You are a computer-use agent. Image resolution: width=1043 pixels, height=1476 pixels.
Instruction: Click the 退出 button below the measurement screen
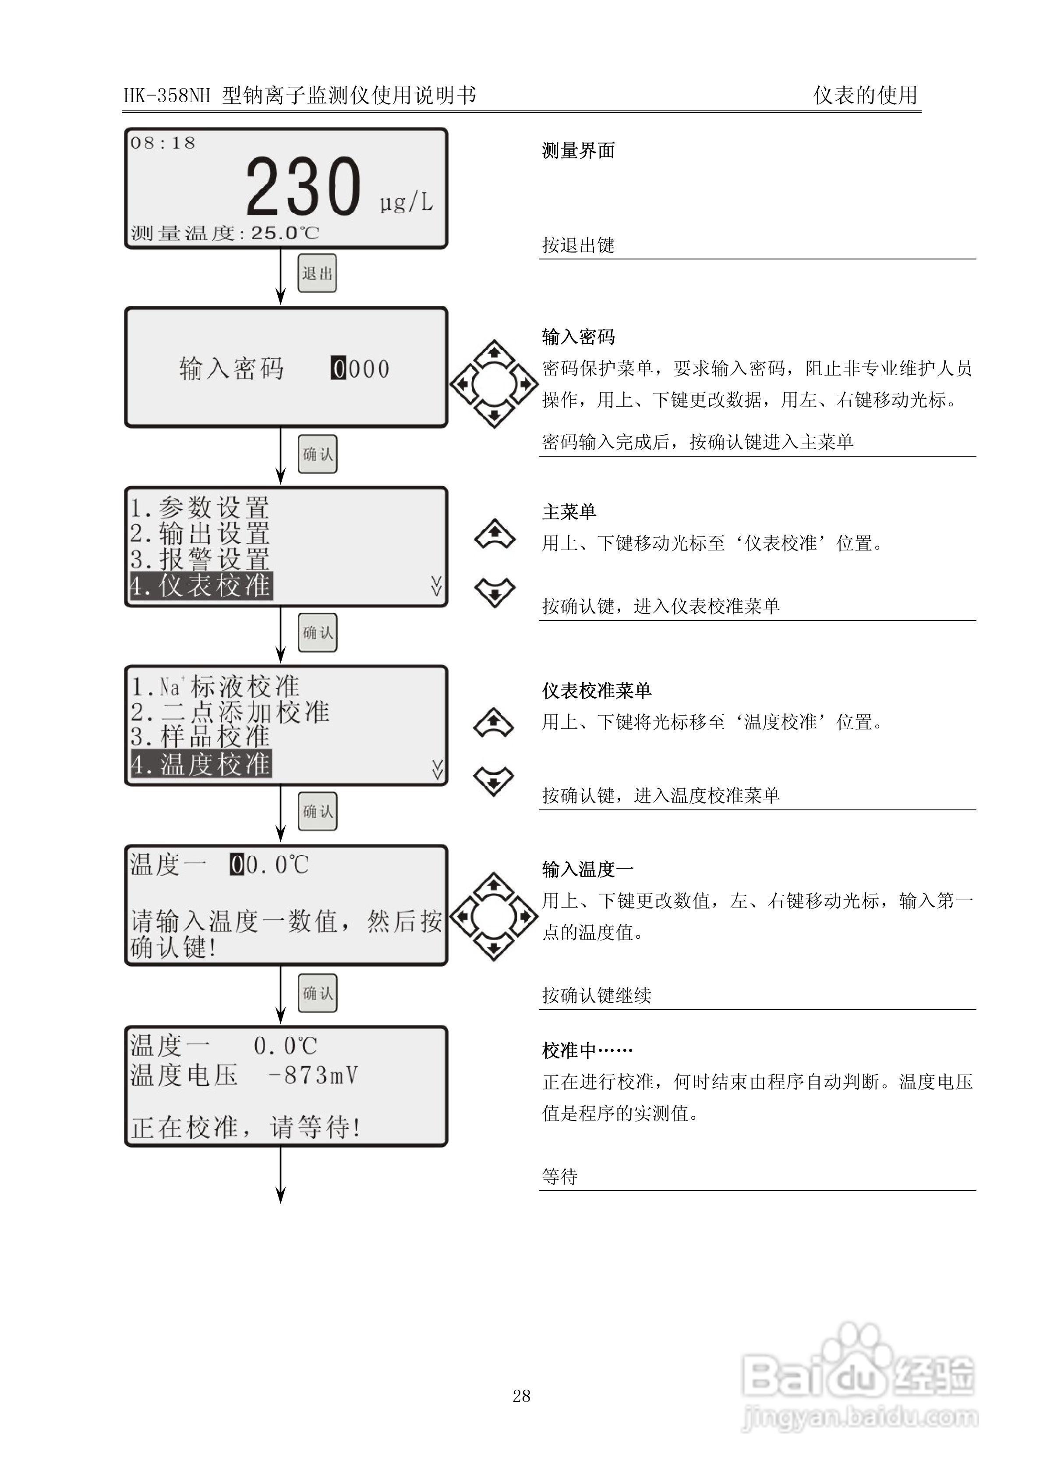(317, 273)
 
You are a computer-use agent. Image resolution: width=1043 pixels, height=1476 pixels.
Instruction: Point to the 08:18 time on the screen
(163, 143)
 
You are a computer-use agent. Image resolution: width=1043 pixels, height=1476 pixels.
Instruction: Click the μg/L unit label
(406, 202)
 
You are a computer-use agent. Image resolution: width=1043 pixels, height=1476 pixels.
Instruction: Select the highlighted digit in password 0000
(338, 369)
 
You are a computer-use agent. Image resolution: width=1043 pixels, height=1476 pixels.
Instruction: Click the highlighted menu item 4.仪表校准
(201, 585)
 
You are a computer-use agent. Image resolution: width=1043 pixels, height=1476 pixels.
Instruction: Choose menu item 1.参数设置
(200, 508)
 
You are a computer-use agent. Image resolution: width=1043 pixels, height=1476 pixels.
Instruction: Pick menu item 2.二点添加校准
(230, 712)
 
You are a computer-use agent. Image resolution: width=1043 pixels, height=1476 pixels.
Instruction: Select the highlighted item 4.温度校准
(201, 764)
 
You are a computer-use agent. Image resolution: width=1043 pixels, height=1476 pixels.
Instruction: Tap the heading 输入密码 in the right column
(578, 337)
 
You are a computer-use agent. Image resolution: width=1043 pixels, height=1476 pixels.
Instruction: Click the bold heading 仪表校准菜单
(596, 690)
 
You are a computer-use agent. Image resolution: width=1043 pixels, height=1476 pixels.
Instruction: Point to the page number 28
(521, 1396)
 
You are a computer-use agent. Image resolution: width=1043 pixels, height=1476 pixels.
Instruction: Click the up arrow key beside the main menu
(494, 534)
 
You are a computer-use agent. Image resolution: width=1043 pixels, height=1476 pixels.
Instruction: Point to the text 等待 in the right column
(560, 1176)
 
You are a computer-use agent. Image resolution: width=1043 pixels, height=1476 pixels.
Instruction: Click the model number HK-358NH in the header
(167, 96)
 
